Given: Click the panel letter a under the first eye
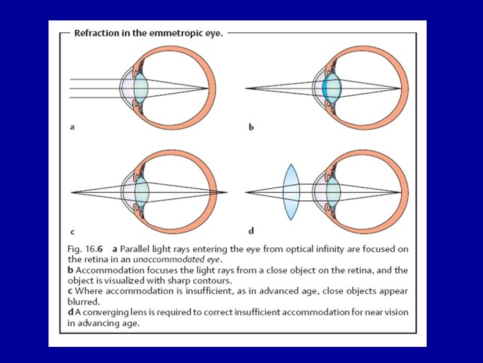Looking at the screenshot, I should click(x=71, y=126).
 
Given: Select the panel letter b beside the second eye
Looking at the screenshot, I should click(x=251, y=126).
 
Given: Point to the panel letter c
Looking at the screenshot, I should click(x=71, y=231).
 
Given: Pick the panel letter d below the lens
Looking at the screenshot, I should click(x=251, y=231).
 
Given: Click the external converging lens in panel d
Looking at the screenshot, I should click(x=290, y=192).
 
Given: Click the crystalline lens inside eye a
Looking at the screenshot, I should click(x=140, y=88).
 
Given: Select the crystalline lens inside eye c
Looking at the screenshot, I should click(x=141, y=192).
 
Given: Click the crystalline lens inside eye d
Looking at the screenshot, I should click(x=331, y=192).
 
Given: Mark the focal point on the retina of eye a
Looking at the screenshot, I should click(x=207, y=88).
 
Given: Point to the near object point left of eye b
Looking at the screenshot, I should click(x=246, y=88).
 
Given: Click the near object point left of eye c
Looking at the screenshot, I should click(x=71, y=192).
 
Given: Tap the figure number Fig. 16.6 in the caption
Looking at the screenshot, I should click(x=85, y=249).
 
